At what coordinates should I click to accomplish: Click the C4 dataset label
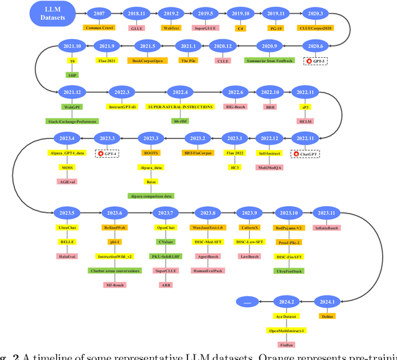[x=240, y=28]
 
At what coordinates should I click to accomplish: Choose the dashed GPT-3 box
[x=315, y=61]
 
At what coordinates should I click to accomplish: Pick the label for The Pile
[x=187, y=61]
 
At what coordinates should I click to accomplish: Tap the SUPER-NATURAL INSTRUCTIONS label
[x=181, y=107]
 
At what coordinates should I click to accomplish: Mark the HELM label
[x=305, y=121]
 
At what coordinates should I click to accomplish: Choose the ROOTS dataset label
[x=151, y=153]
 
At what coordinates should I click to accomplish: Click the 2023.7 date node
[x=166, y=213]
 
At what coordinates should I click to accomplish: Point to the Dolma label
[x=327, y=317]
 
